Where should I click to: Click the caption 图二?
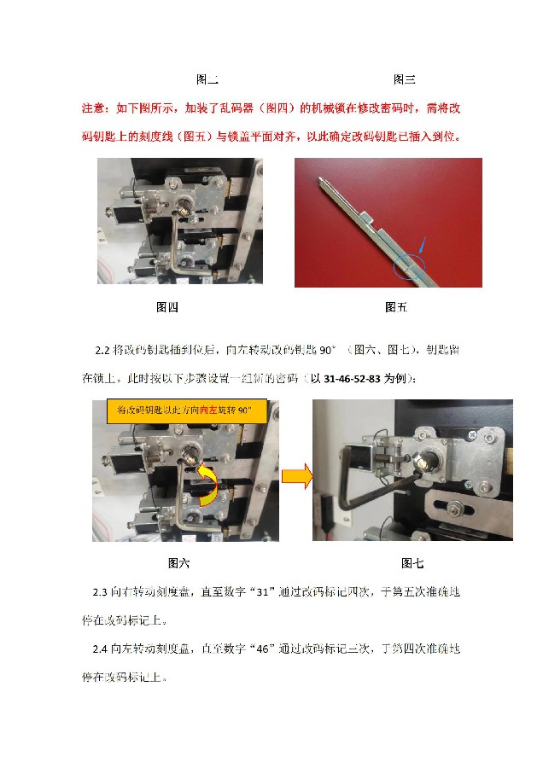pos(207,80)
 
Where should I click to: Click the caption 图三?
pos(404,80)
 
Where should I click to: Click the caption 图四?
pos(166,307)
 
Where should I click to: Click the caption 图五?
pos(396,307)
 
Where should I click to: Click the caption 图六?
pos(179,563)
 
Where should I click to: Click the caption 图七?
pos(412,563)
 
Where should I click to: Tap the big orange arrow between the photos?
pos(295,477)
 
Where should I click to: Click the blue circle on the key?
pos(408,268)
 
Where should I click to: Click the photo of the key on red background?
pos(388,222)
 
